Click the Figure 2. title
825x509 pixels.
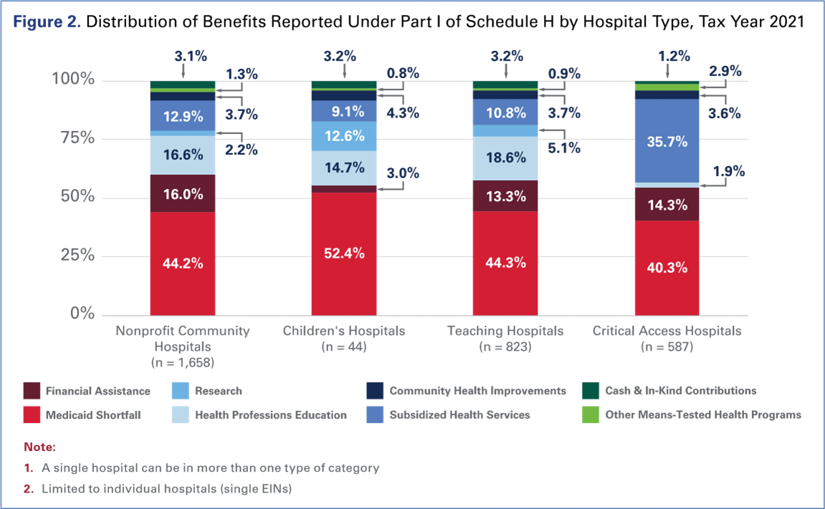point(47,22)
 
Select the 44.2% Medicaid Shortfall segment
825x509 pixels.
point(183,263)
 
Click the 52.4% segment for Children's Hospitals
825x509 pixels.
point(344,253)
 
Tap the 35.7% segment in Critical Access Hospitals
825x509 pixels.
point(667,141)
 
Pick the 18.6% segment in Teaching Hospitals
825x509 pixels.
point(505,158)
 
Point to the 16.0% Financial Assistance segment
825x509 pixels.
point(183,194)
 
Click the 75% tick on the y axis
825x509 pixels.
point(75,138)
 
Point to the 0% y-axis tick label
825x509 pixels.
point(81,314)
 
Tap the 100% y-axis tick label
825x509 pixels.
point(72,79)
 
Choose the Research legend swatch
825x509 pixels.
point(181,391)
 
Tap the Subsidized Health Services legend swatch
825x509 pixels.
point(375,415)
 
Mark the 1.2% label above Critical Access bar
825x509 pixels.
point(674,56)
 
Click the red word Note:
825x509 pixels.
point(39,447)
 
